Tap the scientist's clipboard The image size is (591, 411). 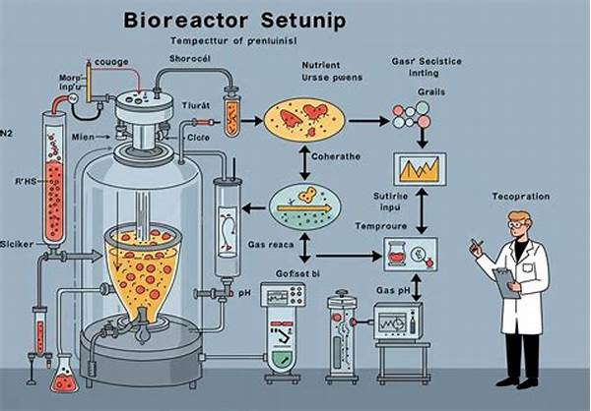(503, 282)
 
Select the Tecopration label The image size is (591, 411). (521, 197)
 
